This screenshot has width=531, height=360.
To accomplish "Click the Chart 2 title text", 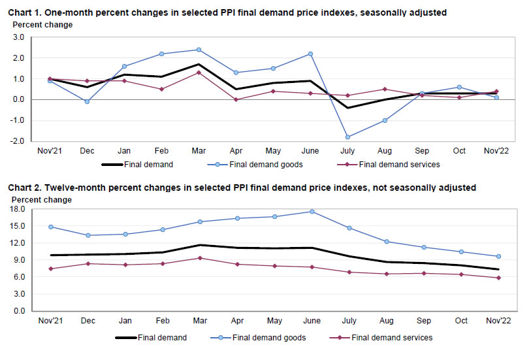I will click(x=242, y=188).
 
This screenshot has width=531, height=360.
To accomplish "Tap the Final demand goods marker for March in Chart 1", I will click(x=199, y=50).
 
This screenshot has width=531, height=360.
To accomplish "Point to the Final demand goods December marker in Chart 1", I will click(x=87, y=101).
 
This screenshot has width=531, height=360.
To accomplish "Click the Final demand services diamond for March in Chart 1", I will click(x=199, y=73).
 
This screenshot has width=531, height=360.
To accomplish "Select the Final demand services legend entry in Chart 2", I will click(x=392, y=338).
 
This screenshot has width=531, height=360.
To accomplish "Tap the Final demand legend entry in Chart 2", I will click(x=162, y=338).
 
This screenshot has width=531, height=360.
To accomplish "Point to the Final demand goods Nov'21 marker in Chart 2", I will click(x=50, y=227).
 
